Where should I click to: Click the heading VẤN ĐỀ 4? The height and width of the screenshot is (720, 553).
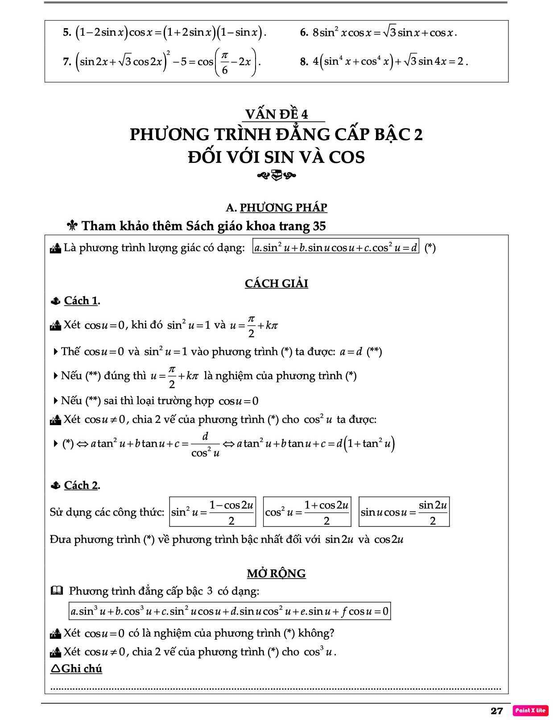click(276, 114)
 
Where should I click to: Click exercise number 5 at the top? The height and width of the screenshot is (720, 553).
click(67, 32)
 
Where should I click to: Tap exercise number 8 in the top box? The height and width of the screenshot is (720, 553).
click(304, 62)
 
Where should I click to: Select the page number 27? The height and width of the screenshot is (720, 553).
click(496, 711)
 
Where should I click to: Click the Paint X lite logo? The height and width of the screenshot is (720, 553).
click(530, 710)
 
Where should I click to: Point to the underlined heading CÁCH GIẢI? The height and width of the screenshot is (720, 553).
click(276, 283)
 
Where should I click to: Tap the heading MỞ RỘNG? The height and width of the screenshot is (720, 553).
click(276, 573)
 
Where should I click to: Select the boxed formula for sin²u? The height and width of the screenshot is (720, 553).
click(212, 512)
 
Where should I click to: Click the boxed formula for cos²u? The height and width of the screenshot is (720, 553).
click(307, 512)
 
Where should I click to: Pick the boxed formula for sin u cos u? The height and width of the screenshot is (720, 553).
click(404, 512)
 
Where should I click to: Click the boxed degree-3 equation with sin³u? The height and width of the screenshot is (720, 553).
click(229, 611)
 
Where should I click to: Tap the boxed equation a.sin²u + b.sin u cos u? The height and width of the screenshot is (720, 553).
click(335, 247)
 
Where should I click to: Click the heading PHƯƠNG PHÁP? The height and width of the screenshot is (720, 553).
click(283, 207)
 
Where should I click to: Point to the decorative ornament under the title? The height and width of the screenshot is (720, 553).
click(276, 176)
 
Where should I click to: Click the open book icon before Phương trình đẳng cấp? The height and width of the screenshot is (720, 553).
click(57, 591)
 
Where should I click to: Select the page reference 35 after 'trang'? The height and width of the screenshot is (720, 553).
click(319, 226)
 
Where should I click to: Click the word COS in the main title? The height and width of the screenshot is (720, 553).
click(347, 157)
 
